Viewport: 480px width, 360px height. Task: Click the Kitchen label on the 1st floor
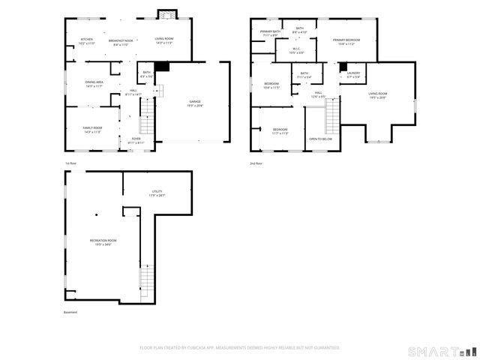click(87, 41)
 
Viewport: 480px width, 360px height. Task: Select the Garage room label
click(194, 103)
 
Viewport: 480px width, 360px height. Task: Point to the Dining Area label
click(94, 84)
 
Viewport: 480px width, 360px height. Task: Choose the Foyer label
click(136, 140)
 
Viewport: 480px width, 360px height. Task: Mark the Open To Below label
click(320, 139)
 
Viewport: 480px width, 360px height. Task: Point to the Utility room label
click(157, 193)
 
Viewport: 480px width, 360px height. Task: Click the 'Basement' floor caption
click(70, 313)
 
